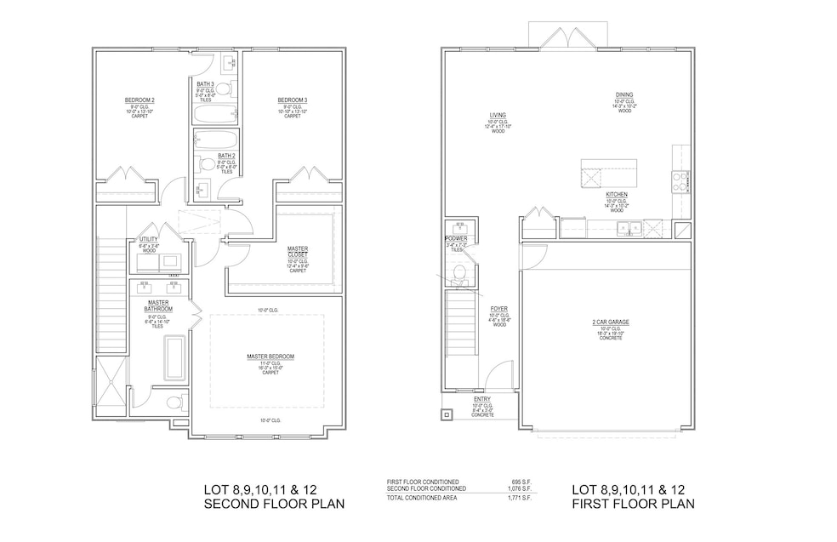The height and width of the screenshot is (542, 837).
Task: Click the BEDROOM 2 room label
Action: pyautogui.click(x=139, y=100)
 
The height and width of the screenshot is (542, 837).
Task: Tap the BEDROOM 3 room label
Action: pyautogui.click(x=292, y=100)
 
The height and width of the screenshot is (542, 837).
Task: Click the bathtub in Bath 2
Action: pyautogui.click(x=216, y=139)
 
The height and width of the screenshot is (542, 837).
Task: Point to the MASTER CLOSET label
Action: pyautogui.click(x=298, y=248)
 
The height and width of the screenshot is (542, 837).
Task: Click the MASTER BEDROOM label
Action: pyautogui.click(x=270, y=356)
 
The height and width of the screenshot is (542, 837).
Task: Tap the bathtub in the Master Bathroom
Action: pyautogui.click(x=175, y=357)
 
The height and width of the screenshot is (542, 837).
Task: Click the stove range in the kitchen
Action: pyautogui.click(x=681, y=181)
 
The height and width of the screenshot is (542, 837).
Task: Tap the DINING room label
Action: pyautogui.click(x=625, y=94)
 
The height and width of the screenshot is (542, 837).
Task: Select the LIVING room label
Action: pyautogui.click(x=498, y=115)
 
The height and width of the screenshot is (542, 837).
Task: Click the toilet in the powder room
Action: pyautogui.click(x=459, y=273)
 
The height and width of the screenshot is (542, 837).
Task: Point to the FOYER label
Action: pyautogui.click(x=498, y=308)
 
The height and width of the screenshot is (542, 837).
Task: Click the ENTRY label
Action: pyautogui.click(x=482, y=399)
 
